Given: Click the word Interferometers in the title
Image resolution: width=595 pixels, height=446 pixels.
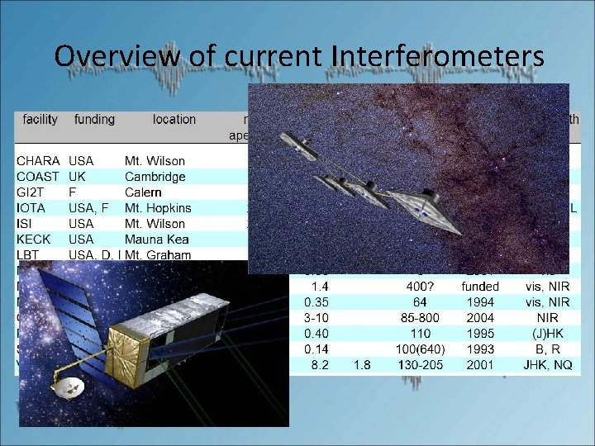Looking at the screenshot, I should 438,55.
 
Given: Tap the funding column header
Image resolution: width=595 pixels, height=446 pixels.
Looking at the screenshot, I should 94,120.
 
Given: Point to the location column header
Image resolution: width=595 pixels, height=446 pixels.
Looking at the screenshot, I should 174,120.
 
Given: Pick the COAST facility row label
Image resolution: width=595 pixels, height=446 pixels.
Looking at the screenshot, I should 39,177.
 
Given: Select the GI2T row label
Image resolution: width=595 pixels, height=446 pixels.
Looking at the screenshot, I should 32,192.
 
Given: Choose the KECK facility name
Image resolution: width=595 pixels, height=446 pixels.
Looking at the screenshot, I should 34,240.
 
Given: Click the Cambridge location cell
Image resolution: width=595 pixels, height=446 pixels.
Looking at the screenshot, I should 155,177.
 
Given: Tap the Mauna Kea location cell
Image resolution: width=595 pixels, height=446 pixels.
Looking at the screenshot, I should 157,240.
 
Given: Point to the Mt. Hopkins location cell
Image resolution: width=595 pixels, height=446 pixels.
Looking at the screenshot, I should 158,208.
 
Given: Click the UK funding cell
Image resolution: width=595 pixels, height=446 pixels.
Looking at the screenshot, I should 79,177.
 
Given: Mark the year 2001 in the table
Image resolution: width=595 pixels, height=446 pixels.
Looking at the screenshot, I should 480,365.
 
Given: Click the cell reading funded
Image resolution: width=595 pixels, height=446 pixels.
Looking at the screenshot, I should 480,287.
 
